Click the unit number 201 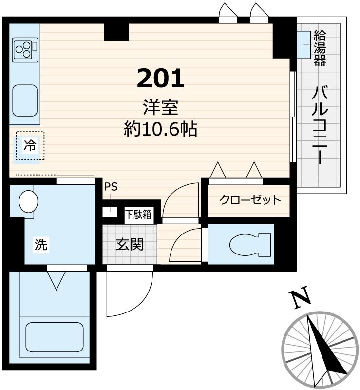coord(160,78)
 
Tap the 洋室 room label coord(160,107)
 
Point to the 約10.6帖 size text coord(160,129)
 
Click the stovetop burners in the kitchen coord(24,49)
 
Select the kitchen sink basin coord(25,100)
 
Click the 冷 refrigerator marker coord(30,146)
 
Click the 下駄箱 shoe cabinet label coord(138,214)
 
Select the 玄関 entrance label coord(129,243)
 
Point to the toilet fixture coord(249,244)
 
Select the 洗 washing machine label coord(41,245)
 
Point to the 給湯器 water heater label coord(320,48)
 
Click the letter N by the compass coord(301,299)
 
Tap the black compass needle coord(322,346)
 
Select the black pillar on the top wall coord(117,32)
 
